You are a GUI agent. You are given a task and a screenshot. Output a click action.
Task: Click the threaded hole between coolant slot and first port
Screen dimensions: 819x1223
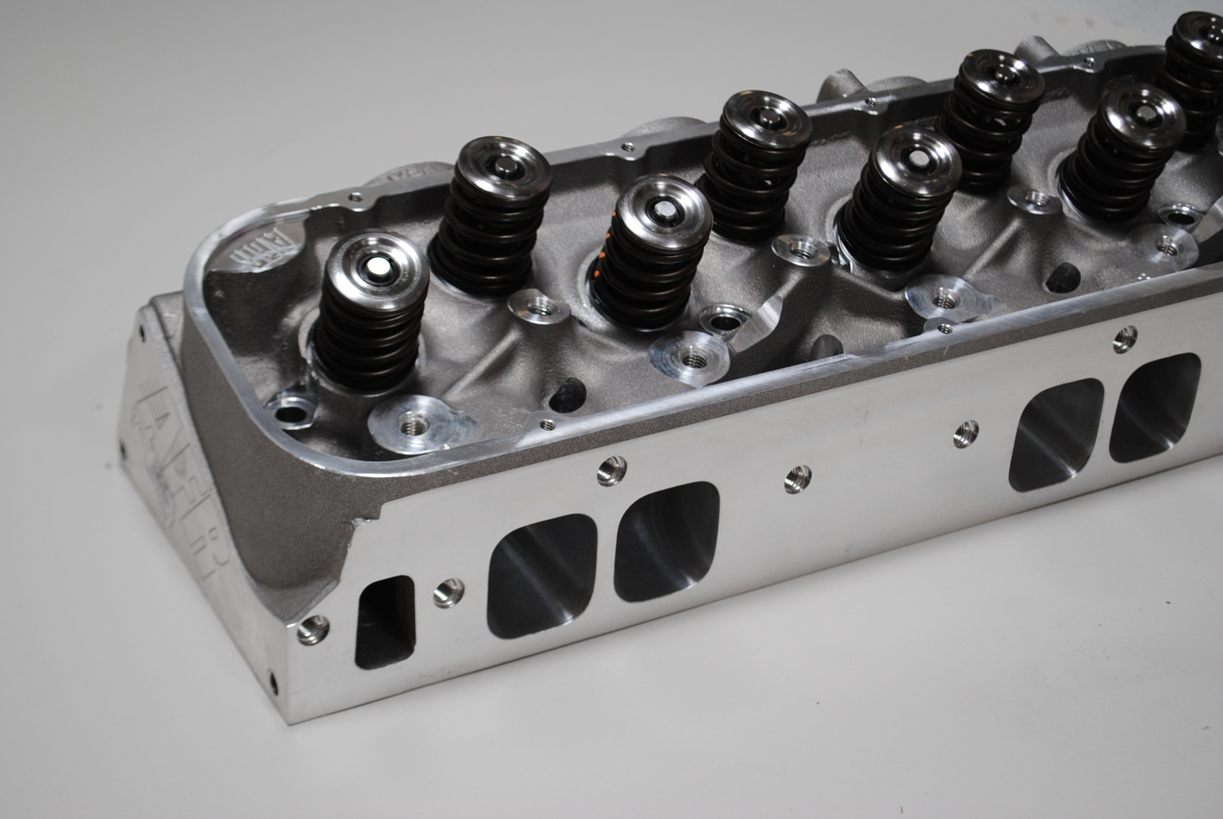point(449,593)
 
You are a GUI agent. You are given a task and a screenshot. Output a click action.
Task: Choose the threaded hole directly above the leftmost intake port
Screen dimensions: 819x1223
point(611,471)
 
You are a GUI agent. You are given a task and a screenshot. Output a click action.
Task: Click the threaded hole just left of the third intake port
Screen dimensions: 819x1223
point(965,433)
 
